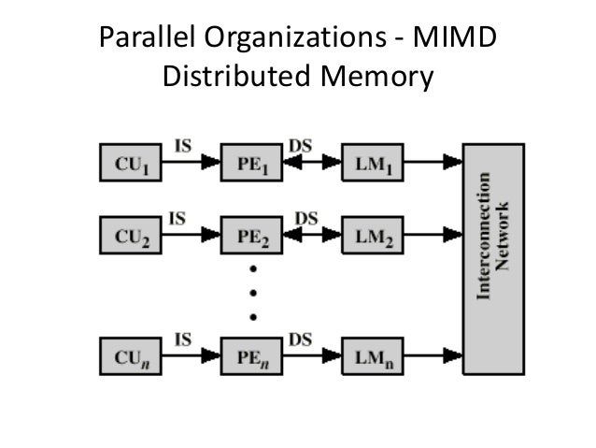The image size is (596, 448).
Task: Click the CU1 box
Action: pyautogui.click(x=131, y=164)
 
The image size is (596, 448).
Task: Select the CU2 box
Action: pyautogui.click(x=131, y=237)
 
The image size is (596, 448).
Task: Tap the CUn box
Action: pyautogui.click(x=131, y=356)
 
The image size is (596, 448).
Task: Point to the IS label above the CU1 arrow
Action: pyautogui.click(x=185, y=145)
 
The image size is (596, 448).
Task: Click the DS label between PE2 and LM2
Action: pyautogui.click(x=305, y=218)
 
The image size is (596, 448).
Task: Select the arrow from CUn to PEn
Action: pyautogui.click(x=192, y=356)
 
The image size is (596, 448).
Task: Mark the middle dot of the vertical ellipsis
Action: pyautogui.click(x=252, y=292)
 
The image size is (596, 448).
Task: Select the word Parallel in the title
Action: pyautogui.click(x=145, y=40)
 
